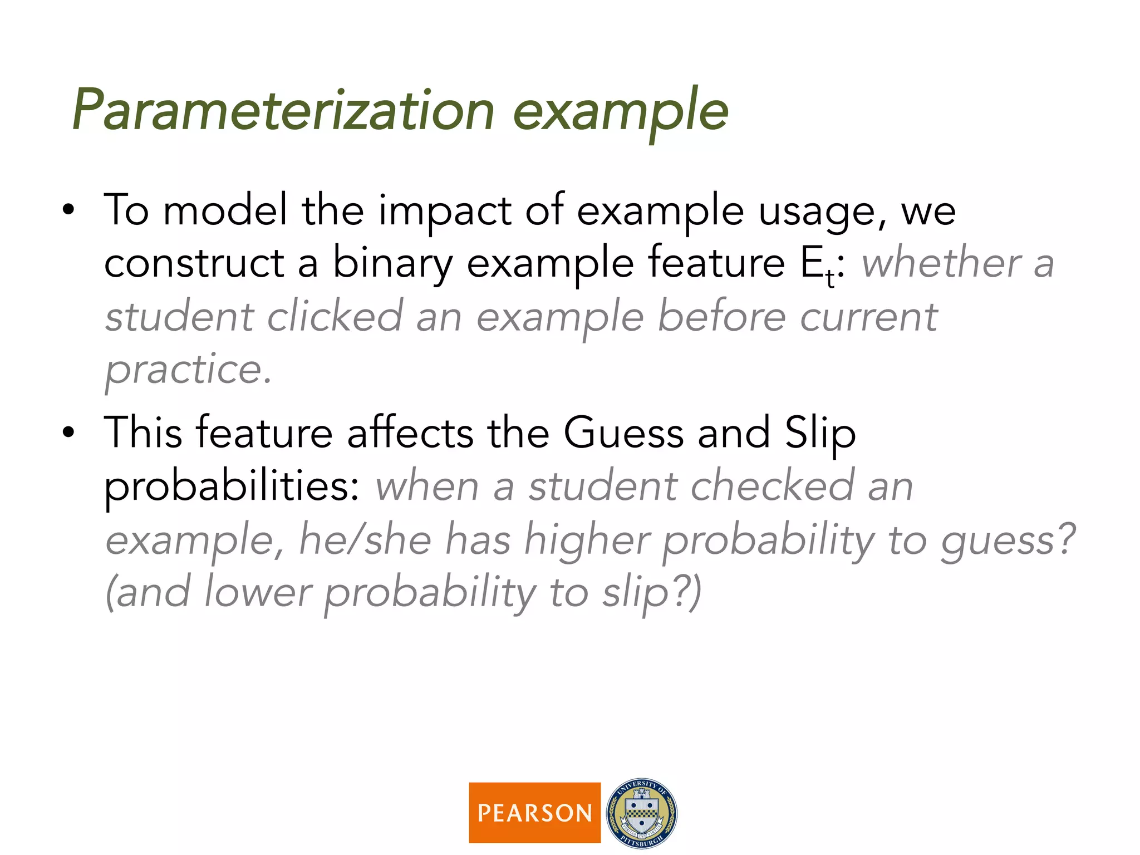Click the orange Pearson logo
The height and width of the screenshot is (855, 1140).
pyautogui.click(x=534, y=813)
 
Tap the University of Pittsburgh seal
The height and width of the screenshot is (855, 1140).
pyautogui.click(x=642, y=813)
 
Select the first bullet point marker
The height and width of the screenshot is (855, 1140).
pyautogui.click(x=68, y=211)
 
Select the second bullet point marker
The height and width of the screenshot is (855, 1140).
pyautogui.click(x=68, y=433)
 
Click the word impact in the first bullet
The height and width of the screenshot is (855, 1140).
pyautogui.click(x=444, y=211)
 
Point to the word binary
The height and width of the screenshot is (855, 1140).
pyautogui.click(x=392, y=264)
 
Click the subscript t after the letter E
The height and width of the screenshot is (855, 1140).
pyautogui.click(x=830, y=278)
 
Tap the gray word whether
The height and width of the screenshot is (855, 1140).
pyautogui.click(x=941, y=264)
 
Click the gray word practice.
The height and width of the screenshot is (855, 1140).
pyautogui.click(x=188, y=370)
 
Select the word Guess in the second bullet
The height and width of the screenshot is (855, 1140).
pyautogui.click(x=623, y=433)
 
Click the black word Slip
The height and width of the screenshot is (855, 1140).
pyautogui.click(x=820, y=433)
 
